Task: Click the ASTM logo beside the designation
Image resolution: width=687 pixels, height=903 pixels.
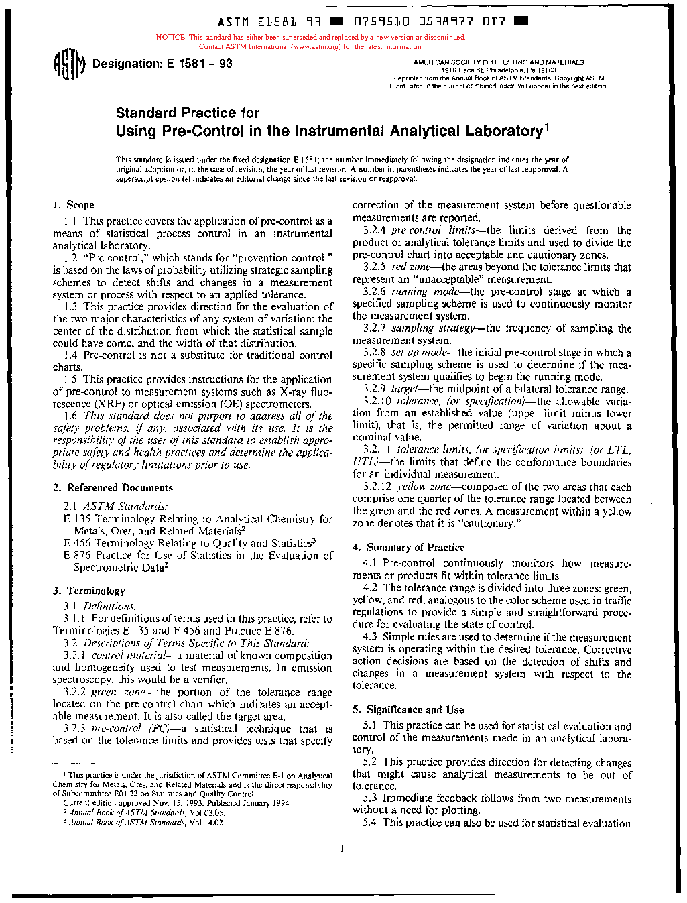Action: (x=69, y=65)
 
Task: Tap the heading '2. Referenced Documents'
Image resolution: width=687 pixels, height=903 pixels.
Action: (x=113, y=488)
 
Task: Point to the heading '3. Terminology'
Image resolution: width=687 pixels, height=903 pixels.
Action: (x=88, y=591)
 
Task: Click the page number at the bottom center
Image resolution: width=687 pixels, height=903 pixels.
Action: (x=342, y=849)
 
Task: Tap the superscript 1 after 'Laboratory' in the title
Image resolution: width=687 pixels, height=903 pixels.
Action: (x=546, y=126)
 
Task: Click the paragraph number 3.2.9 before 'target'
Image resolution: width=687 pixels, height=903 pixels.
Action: (x=377, y=389)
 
